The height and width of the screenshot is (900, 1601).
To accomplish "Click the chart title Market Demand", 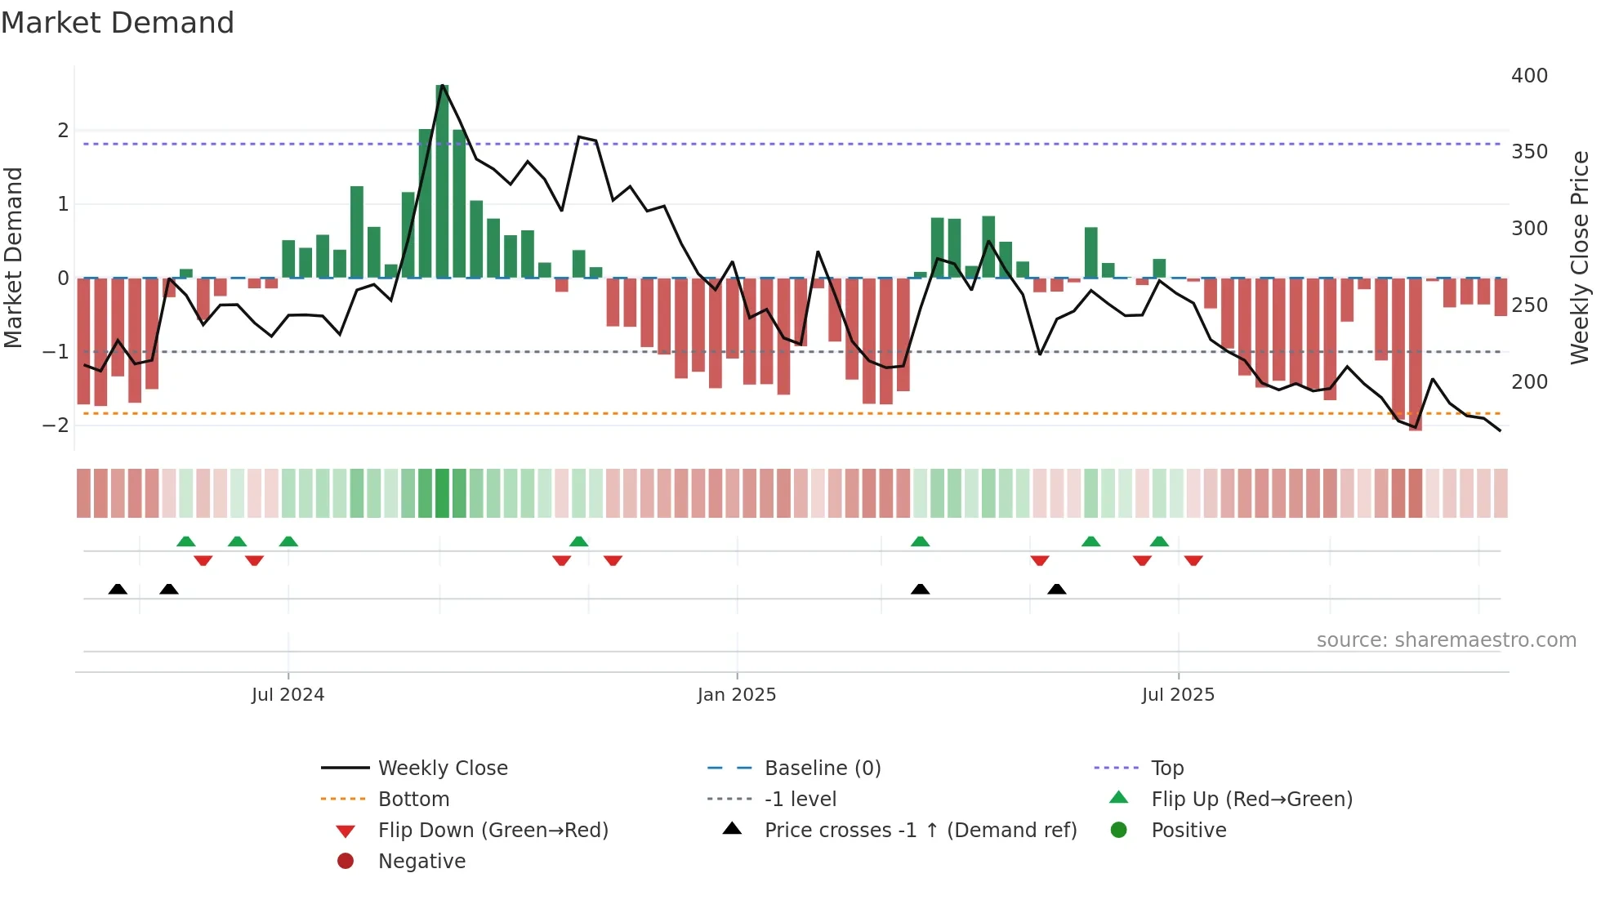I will click(x=118, y=23).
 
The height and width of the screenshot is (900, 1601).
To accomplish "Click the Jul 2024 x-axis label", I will click(x=288, y=695).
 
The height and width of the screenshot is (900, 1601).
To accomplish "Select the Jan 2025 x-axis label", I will click(x=736, y=695).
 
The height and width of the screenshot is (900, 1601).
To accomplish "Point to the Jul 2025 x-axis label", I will click(x=1178, y=695).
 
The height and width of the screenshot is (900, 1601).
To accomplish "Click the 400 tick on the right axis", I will click(x=1529, y=76).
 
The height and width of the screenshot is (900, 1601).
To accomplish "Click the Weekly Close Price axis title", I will click(x=1580, y=257).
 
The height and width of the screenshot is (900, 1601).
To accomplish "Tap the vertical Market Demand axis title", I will click(x=13, y=257).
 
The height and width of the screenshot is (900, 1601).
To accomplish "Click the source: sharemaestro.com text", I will click(x=1446, y=640).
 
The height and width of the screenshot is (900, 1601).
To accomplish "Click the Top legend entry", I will click(x=1166, y=769).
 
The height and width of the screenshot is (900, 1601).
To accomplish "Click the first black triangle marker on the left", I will click(x=118, y=590).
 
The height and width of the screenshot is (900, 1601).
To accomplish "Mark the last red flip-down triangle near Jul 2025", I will click(x=1193, y=560).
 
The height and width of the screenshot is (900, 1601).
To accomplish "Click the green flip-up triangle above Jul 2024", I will click(x=288, y=541).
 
